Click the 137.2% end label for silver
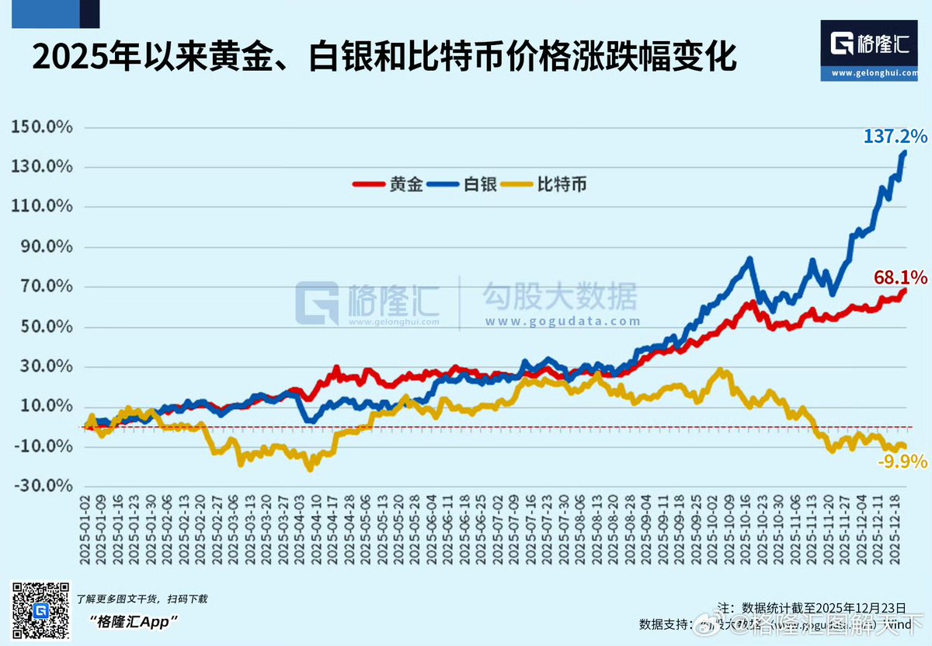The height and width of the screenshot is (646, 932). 895,137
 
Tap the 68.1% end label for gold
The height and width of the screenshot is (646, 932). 900,277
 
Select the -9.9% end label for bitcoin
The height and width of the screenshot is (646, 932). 902,462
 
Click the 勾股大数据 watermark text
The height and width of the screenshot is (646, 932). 560,296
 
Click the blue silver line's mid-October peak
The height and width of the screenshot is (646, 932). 749,260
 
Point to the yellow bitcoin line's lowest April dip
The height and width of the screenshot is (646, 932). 310,469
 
